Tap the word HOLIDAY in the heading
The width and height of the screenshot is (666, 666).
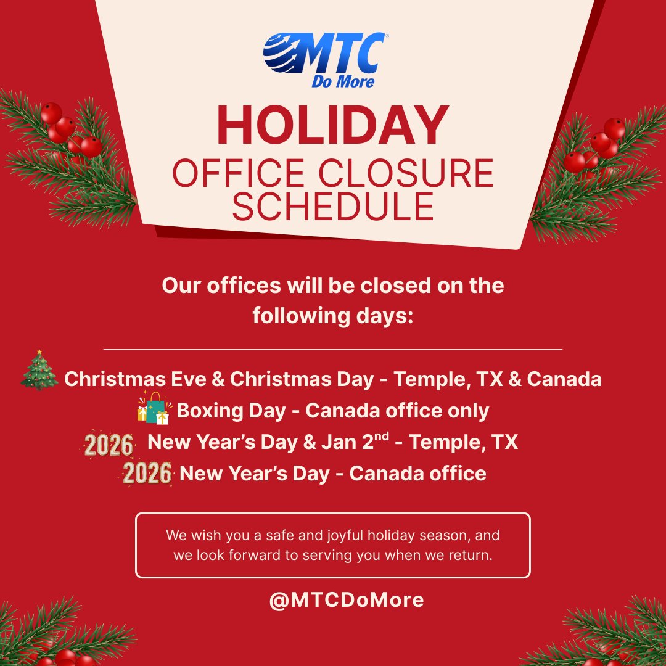(x=333, y=126)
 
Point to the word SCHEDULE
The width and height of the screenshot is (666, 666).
(x=333, y=207)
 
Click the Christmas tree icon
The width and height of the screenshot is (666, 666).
(x=39, y=371)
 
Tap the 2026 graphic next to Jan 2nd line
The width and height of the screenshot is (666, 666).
(x=109, y=445)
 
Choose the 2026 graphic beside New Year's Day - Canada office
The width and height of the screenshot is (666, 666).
(x=147, y=474)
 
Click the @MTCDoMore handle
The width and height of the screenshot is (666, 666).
(x=346, y=600)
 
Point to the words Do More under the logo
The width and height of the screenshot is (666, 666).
(x=343, y=81)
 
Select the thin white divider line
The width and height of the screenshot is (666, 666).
(x=333, y=349)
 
